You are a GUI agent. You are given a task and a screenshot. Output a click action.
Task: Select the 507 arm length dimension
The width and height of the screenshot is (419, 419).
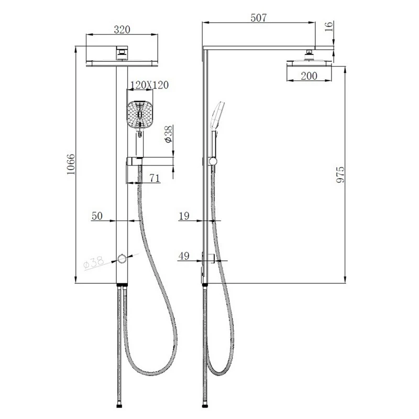click(x=258, y=18)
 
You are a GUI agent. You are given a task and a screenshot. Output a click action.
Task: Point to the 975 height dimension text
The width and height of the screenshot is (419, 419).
click(x=341, y=175)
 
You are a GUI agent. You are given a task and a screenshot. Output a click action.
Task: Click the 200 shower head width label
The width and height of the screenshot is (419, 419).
click(x=310, y=76)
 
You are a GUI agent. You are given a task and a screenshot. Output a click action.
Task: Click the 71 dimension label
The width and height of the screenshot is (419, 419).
click(x=154, y=179)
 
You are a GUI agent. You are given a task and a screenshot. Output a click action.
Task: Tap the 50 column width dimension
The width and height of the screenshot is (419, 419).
click(x=97, y=216)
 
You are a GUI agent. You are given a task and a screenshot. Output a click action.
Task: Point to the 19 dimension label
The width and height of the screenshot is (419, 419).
click(x=184, y=216)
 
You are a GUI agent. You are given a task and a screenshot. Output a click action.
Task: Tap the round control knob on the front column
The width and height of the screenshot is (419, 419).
click(x=122, y=258)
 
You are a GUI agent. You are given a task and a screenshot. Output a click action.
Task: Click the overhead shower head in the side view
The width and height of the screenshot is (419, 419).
click(x=310, y=62)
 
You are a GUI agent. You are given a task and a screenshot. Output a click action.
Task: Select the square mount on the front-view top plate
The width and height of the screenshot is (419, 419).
click(x=122, y=51)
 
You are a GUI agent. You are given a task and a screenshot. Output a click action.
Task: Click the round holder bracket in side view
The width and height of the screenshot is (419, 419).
click(x=212, y=161)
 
